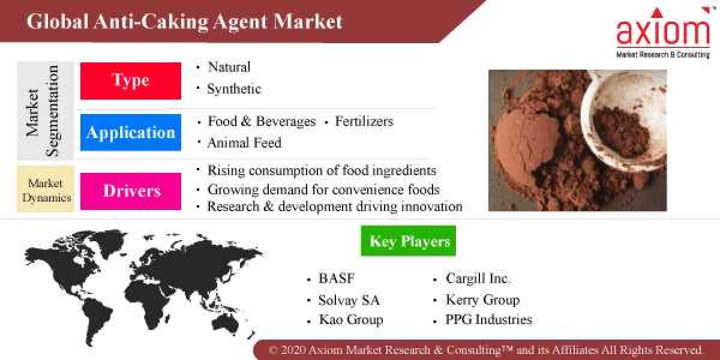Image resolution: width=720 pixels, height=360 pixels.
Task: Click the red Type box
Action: click(x=131, y=81)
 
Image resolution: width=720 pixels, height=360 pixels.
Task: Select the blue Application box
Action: click(x=131, y=133)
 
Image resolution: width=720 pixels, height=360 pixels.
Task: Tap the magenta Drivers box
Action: click(x=131, y=191)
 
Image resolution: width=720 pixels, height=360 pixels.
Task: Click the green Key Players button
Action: click(x=409, y=241)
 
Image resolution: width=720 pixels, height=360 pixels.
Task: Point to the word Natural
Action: click(x=229, y=67)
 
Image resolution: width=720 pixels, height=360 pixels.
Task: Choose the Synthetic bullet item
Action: click(x=234, y=89)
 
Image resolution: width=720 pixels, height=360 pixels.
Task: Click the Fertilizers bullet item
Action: click(x=364, y=121)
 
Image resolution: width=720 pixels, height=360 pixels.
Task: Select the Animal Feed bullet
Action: click(x=244, y=143)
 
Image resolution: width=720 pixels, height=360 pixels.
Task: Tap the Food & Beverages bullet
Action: click(x=261, y=121)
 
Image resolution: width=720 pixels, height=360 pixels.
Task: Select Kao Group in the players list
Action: click(x=351, y=320)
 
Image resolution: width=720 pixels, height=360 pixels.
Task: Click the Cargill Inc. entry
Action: click(x=478, y=279)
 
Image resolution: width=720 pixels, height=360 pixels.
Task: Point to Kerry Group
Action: click(x=482, y=300)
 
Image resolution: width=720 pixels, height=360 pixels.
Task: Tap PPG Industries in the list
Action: click(x=488, y=320)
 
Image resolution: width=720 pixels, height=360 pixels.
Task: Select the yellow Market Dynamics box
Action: click(x=46, y=190)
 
